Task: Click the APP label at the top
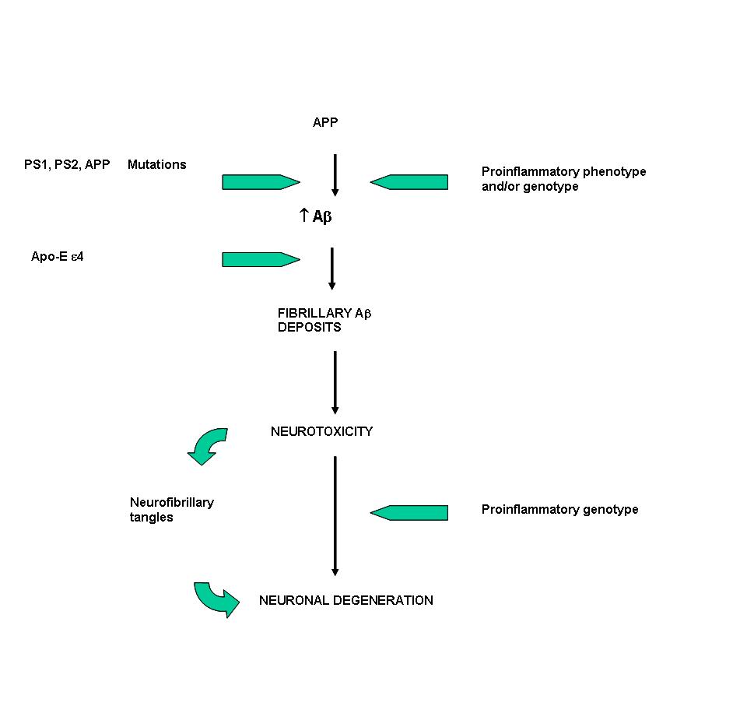point(325,122)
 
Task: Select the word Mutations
point(156,164)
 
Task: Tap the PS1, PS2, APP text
point(67,164)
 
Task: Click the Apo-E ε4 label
point(57,256)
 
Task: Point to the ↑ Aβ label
point(315,216)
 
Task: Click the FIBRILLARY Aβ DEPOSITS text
point(324,320)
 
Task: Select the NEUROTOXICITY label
point(321,431)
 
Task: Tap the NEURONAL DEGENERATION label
point(345,600)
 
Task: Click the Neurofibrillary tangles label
point(171,509)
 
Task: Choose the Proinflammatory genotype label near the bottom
point(559,509)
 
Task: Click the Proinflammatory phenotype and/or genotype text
point(563,179)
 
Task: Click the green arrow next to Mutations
point(261,182)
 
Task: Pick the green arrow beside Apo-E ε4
point(261,260)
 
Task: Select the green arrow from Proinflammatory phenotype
point(409,182)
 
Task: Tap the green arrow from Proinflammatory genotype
point(409,513)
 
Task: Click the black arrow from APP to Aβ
point(335,175)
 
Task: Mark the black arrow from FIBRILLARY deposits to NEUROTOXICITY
point(335,382)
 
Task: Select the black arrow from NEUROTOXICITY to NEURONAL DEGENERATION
point(335,516)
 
